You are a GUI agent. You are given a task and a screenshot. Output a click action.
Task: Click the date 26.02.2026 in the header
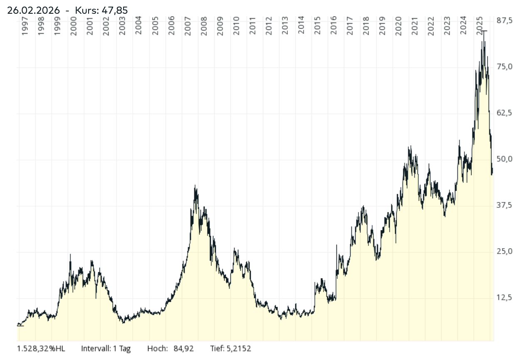coord(33,10)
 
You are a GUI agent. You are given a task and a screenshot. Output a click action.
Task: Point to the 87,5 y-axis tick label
coord(504,21)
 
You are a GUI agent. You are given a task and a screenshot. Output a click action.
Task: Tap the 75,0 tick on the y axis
coord(504,67)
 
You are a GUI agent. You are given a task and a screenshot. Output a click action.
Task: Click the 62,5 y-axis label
coord(504,113)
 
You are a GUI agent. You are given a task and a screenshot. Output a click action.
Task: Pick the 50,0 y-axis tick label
coord(504,159)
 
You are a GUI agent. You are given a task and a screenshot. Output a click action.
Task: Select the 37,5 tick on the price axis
coord(504,205)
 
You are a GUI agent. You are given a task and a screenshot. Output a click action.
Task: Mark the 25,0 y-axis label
coord(504,252)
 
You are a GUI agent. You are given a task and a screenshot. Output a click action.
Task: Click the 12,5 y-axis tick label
coord(504,298)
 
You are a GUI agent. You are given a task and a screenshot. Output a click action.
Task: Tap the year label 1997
coord(25,26)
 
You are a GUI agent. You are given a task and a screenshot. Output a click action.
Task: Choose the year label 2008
coord(204,26)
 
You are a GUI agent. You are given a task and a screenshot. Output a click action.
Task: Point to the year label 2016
coord(334,26)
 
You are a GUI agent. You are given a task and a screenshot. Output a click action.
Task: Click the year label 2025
coord(480,26)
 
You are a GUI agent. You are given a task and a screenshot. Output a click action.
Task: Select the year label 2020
coord(399,26)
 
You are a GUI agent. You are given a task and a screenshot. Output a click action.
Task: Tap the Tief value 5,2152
coord(239,348)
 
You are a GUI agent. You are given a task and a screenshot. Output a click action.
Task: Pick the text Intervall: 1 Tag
coord(106,348)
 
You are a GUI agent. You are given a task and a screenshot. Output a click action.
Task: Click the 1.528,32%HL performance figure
coord(41,348)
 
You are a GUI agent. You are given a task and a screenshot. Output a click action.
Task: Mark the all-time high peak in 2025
coord(484,32)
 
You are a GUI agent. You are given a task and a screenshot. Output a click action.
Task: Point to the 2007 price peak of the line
coord(195,186)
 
